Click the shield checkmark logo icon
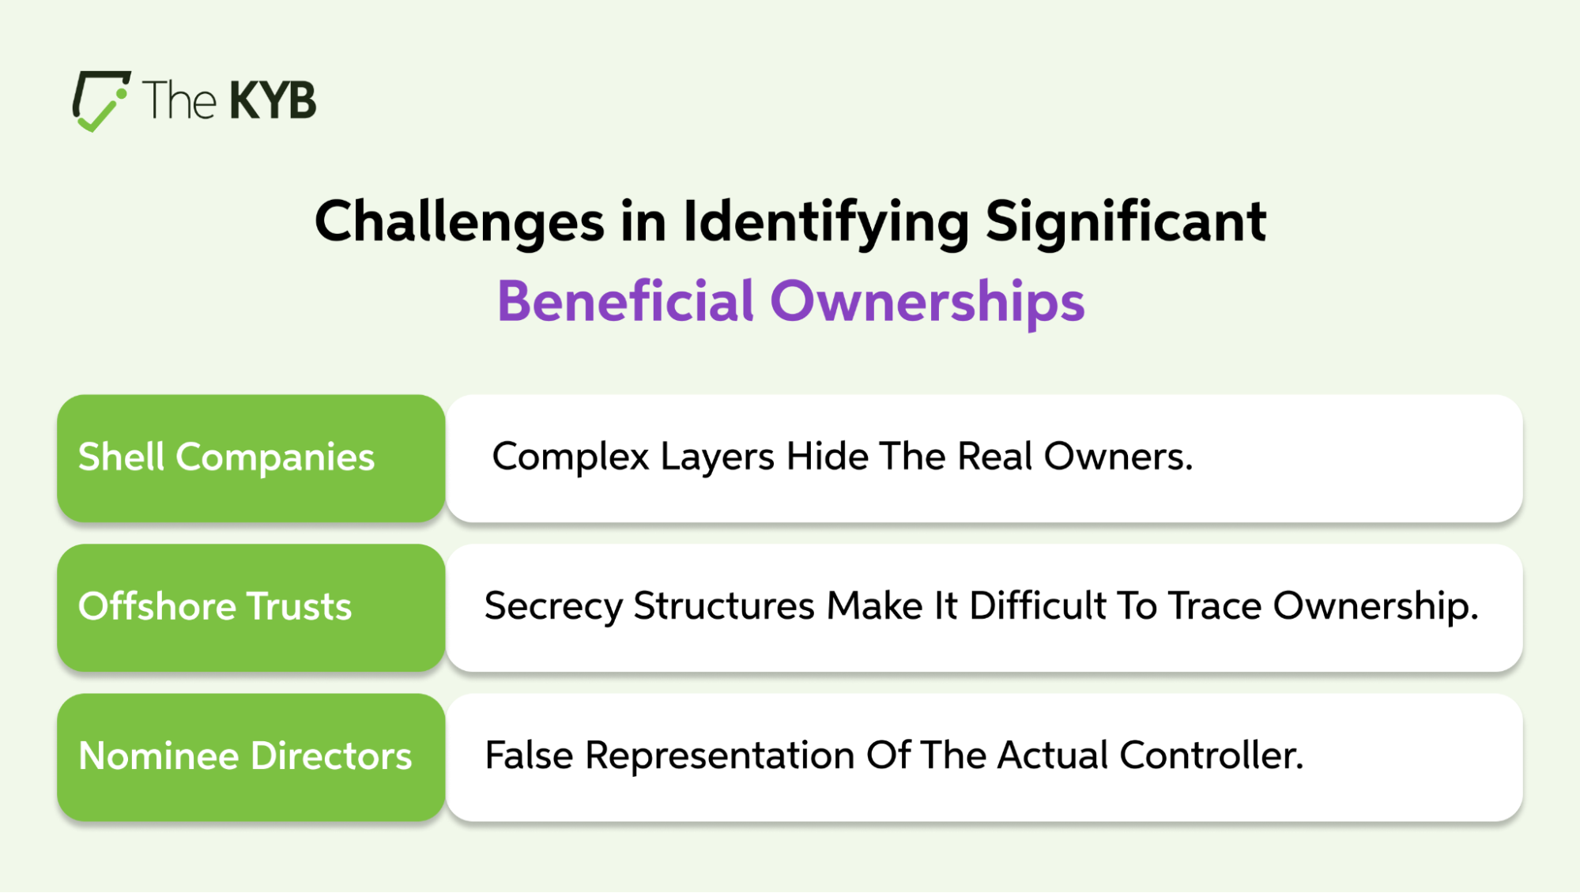[101, 100]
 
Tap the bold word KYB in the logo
[273, 100]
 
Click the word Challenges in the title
[459, 222]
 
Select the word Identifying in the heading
[826, 222]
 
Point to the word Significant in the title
[1126, 221]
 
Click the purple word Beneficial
[625, 301]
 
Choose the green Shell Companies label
[251, 458]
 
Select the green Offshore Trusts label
[251, 608]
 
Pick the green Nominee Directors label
[251, 757]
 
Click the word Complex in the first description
[571, 458]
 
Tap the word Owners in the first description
[1118, 456]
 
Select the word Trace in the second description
[1215, 605]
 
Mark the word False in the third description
[529, 755]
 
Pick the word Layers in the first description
[717, 458]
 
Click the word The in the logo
[179, 100]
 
